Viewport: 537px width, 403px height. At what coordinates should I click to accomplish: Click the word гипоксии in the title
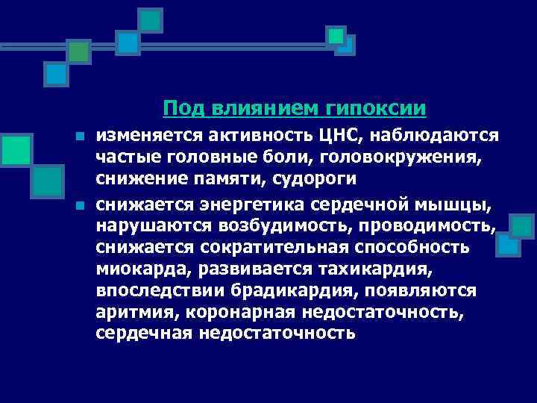[x=376, y=109]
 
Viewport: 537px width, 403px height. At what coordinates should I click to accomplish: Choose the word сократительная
[x=271, y=248]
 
